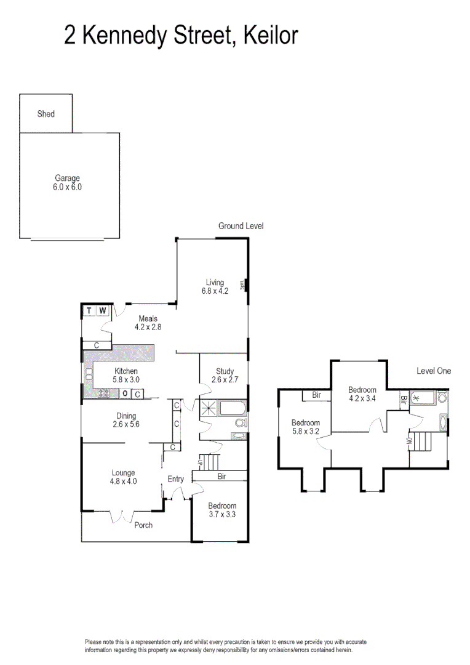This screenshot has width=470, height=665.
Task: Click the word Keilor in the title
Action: point(270,35)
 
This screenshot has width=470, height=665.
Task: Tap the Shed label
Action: point(46,114)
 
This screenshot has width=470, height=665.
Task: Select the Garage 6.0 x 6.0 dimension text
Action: point(67,186)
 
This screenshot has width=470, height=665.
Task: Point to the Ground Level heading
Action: point(241,226)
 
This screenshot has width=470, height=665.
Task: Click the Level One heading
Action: point(433,371)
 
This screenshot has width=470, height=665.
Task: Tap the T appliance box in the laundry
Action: point(90,310)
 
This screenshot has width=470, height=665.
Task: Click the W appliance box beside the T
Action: point(103,310)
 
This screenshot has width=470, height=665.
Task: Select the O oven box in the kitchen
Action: point(125,393)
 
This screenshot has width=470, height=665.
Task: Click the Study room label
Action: point(225,371)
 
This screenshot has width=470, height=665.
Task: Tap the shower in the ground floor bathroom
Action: point(209,408)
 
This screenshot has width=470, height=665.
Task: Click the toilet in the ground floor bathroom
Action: point(240,423)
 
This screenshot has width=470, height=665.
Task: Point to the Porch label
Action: point(143,525)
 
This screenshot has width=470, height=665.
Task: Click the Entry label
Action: point(175,479)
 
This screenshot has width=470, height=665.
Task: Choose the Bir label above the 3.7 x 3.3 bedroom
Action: point(221,476)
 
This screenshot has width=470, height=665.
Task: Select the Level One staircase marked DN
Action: point(421,441)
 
